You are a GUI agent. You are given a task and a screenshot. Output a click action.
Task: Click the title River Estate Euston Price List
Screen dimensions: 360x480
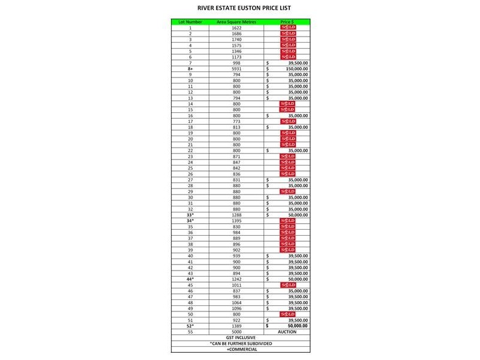click(x=239, y=9)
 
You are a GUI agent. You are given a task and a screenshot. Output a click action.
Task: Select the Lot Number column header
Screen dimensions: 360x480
click(x=190, y=22)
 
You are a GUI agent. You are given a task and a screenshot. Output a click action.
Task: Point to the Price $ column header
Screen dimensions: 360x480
click(x=287, y=22)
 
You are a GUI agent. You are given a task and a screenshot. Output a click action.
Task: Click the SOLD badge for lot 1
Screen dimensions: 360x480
click(x=288, y=28)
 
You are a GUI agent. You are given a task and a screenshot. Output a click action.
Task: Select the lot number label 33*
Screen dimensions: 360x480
click(x=190, y=214)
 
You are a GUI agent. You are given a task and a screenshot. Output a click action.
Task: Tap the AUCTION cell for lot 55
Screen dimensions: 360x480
click(x=287, y=331)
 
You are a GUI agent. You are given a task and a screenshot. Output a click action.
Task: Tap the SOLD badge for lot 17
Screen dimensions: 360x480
click(x=288, y=121)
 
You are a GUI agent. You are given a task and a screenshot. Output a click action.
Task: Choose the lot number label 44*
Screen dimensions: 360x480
click(x=190, y=279)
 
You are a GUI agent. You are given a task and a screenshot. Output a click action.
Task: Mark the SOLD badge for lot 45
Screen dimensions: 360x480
click(x=288, y=285)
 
